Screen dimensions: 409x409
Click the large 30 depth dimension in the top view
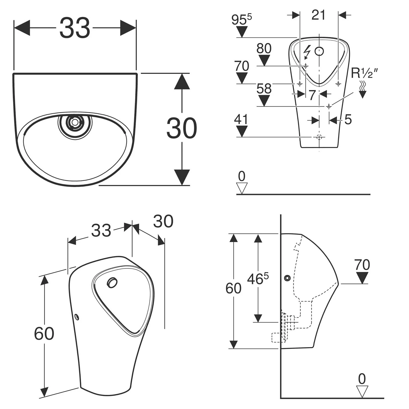tap(182, 128)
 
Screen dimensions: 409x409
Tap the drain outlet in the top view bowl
tap(74, 122)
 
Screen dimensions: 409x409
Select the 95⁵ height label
tap(241, 20)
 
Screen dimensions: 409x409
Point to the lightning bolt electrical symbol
tap(307, 52)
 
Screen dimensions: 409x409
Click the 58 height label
tap(264, 89)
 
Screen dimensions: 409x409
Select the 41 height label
tap(241, 119)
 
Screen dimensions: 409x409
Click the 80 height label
tap(264, 49)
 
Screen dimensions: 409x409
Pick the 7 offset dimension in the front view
tap(312, 95)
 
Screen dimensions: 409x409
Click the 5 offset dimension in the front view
tap(348, 119)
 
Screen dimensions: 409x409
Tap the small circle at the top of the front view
tap(319, 51)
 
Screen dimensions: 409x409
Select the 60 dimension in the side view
tap(233, 288)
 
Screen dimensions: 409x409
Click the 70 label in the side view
tap(362, 264)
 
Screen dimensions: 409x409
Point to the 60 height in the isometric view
tap(44, 333)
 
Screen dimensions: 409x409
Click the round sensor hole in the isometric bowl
tap(112, 283)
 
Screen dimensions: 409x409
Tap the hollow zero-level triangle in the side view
tap(362, 392)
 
